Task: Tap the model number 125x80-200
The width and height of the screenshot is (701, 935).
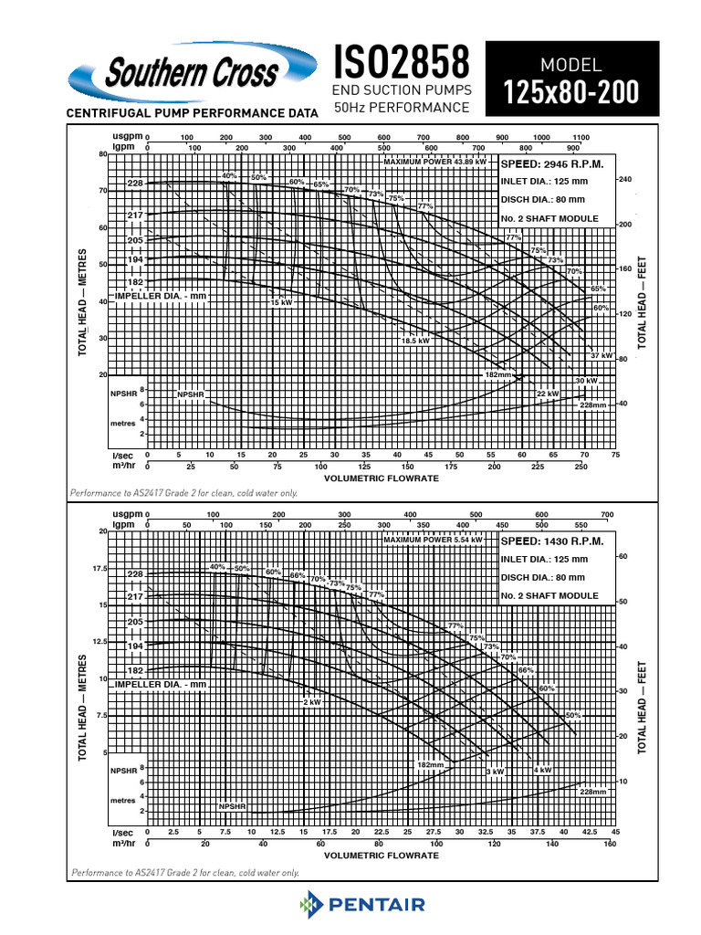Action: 571,93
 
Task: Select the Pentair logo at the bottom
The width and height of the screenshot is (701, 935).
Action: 363,905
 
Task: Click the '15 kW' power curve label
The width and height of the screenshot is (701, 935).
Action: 280,302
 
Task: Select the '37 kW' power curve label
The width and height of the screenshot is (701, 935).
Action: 601,354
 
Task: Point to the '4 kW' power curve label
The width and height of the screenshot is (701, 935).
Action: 542,770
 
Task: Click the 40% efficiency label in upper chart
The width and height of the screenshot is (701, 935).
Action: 228,175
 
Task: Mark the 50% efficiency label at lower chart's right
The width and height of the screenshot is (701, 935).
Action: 573,714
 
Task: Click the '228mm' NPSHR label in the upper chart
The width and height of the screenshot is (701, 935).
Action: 593,404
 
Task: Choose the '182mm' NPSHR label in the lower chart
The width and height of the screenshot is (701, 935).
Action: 430,763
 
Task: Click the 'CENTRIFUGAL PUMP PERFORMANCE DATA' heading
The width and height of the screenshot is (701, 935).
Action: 190,113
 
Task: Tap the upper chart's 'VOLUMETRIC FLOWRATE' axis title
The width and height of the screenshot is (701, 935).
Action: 381,475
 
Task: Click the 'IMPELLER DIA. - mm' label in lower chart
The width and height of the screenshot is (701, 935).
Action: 161,684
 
